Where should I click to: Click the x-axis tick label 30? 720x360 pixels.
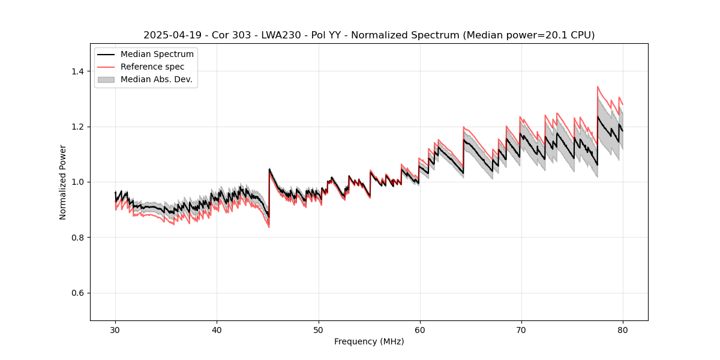(x=115, y=329)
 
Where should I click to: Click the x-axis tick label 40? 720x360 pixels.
(x=217, y=329)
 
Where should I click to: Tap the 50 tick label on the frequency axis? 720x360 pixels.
(x=318, y=329)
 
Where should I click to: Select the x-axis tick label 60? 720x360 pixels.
(x=419, y=329)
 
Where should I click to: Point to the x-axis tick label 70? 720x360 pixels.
(x=521, y=329)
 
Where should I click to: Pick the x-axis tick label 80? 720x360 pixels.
(x=622, y=329)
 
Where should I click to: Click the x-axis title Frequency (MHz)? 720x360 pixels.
(x=369, y=341)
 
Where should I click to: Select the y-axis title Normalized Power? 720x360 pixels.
(x=63, y=182)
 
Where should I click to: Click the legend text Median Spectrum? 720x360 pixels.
(x=157, y=55)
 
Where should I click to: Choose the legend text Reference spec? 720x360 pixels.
(x=152, y=67)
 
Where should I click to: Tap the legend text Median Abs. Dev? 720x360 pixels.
(x=156, y=79)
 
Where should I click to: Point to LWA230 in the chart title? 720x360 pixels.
(x=286, y=35)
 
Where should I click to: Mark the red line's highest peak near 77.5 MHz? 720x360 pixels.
(x=598, y=86)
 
